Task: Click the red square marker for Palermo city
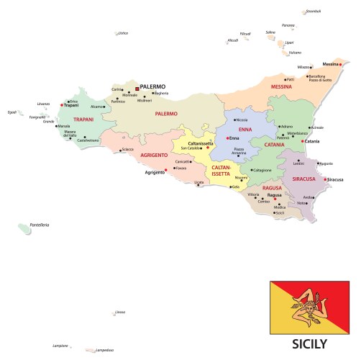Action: (x=137, y=89)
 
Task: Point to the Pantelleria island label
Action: (x=40, y=225)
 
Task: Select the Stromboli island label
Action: (x=313, y=12)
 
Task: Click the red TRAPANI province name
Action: (x=84, y=120)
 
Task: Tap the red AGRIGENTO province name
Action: (x=154, y=155)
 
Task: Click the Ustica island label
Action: (x=123, y=32)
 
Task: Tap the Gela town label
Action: (x=236, y=186)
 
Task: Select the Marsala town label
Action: (x=65, y=126)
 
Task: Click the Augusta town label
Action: (x=326, y=163)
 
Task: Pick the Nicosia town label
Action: (x=242, y=120)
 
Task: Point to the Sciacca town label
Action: (x=128, y=149)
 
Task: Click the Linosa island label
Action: (x=119, y=312)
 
